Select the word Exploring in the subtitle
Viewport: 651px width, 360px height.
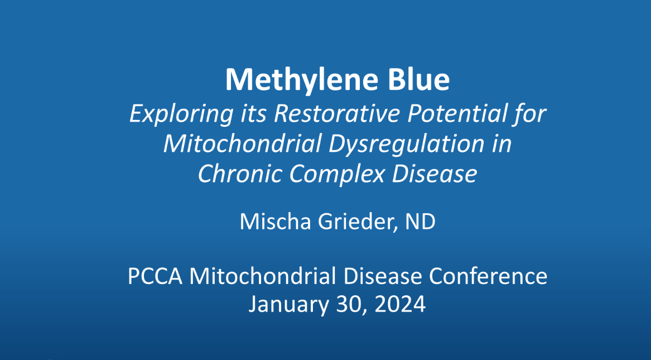(x=181, y=114)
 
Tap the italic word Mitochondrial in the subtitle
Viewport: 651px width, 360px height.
(x=243, y=143)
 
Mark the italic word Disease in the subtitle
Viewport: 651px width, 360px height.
(x=434, y=174)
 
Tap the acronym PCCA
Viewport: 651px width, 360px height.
(x=155, y=276)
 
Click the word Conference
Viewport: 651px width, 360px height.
(x=488, y=276)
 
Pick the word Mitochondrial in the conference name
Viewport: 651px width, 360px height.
(x=263, y=276)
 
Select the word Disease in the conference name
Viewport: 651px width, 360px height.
(x=383, y=276)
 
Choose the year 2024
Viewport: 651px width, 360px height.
(x=400, y=304)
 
